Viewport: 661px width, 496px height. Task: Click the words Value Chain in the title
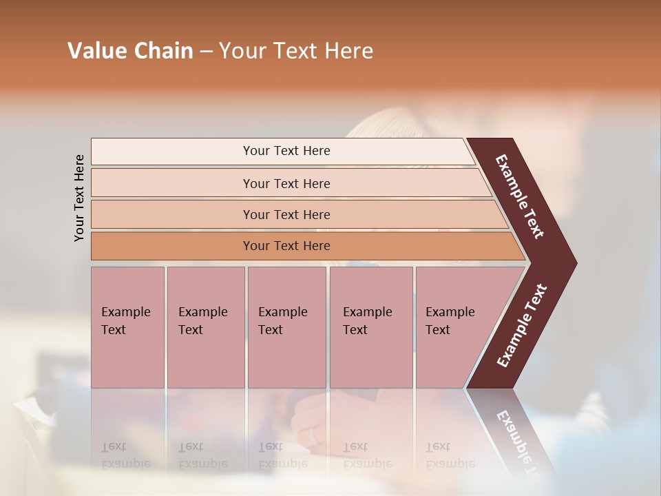(130, 51)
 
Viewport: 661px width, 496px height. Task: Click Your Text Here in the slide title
(296, 51)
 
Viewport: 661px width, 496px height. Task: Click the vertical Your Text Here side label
(79, 198)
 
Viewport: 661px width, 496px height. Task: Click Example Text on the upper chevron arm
(520, 196)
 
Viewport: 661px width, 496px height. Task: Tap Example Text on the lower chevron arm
(521, 326)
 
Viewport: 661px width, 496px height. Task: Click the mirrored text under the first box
(125, 455)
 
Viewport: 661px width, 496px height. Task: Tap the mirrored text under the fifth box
(450, 455)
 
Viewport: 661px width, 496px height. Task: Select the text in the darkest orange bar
(286, 246)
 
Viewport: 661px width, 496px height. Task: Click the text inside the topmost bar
(286, 151)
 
